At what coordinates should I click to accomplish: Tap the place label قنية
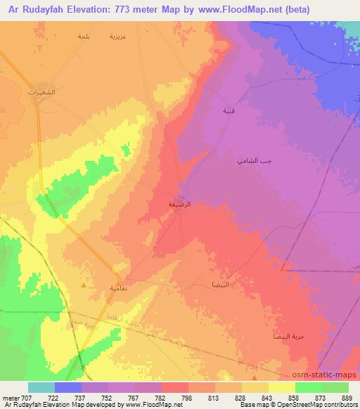pos(229,111)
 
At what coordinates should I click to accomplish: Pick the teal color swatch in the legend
pos(41,387)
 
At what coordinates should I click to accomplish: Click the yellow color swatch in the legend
pos(281,387)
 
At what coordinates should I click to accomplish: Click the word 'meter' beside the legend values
pos(8,397)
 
